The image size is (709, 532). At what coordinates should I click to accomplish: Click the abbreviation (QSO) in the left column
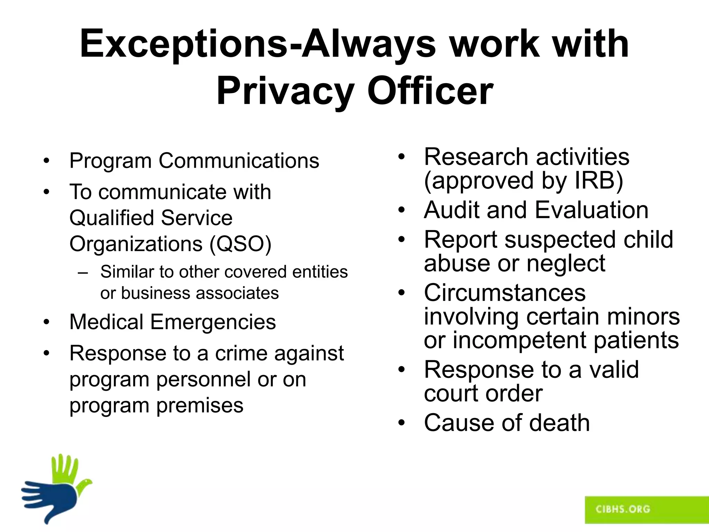pyautogui.click(x=240, y=244)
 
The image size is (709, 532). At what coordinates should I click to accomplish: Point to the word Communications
pyautogui.click(x=239, y=161)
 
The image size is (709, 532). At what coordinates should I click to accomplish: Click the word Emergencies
pyautogui.click(x=213, y=322)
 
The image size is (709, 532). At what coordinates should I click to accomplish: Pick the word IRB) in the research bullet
pyautogui.click(x=599, y=181)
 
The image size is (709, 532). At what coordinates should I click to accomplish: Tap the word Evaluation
pyautogui.click(x=592, y=210)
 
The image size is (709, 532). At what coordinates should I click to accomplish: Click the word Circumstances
pyautogui.click(x=505, y=293)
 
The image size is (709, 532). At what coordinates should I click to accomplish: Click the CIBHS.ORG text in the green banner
pyautogui.click(x=623, y=509)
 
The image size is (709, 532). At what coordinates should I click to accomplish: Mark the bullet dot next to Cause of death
pyautogui.click(x=401, y=423)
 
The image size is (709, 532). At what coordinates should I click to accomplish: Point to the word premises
pyautogui.click(x=200, y=406)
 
